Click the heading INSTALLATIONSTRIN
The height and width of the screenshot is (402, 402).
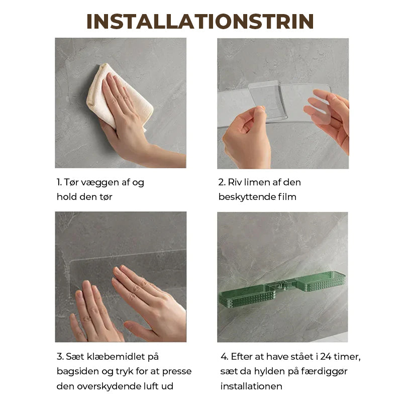pos(200,22)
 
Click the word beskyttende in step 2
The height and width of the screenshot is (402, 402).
pos(247,197)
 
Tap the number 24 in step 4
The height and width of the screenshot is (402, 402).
pos(326,357)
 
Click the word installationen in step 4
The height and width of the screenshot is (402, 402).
pos(251,386)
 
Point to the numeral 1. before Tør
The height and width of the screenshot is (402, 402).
pos(59,182)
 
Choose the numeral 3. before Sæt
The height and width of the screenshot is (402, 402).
pos(60,357)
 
